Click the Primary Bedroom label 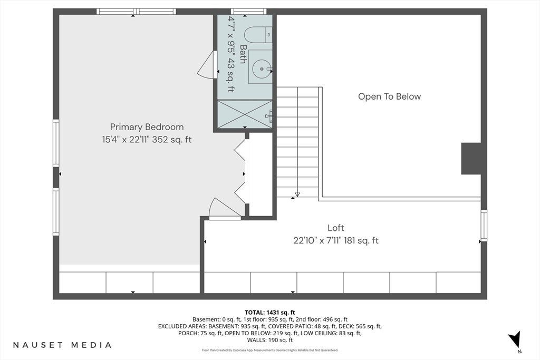tap(147, 127)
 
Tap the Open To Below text tap(390, 96)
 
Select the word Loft tap(336, 228)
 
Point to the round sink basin tap(262, 69)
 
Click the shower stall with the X tap(245, 114)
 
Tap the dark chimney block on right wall tap(471, 159)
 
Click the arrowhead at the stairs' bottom tap(297, 194)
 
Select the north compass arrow tap(515, 339)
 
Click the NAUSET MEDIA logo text tap(62, 345)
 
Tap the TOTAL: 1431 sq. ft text tap(270, 313)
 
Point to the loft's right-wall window tap(484, 226)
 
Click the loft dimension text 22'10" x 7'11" tap(317, 240)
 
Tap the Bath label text tap(243, 54)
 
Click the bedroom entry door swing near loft tap(225, 209)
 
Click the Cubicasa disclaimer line tap(270, 351)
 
